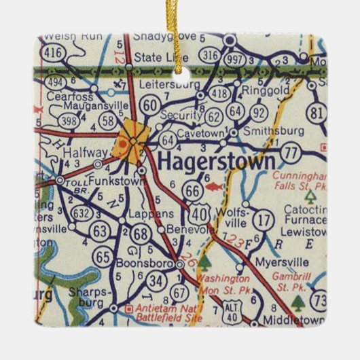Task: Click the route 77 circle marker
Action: [292, 153]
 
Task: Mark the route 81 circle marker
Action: [316, 113]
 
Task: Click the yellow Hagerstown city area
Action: [130, 139]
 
